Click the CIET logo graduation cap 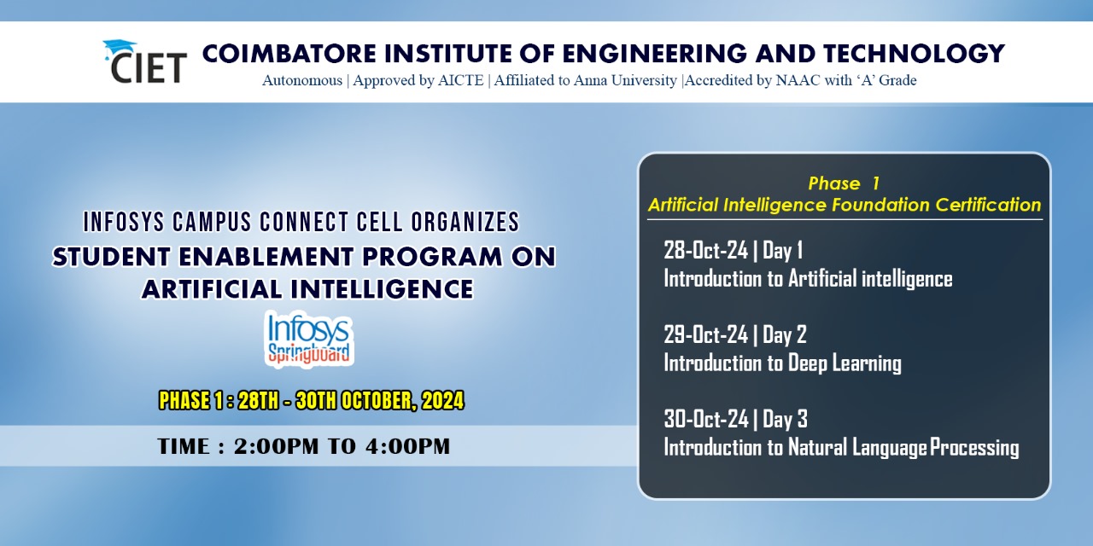119,49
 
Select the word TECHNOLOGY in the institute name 914,53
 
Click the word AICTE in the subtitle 460,80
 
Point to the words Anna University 625,80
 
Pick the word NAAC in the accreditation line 798,80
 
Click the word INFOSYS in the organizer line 125,223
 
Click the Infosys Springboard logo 309,339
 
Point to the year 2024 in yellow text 442,401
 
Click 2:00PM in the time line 276,446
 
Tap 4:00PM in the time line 407,446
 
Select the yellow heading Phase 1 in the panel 844,183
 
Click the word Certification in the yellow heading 988,205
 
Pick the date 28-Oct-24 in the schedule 705,250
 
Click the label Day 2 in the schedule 785,334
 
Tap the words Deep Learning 845,363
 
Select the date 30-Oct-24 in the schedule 706,419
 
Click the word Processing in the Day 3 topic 974,448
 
